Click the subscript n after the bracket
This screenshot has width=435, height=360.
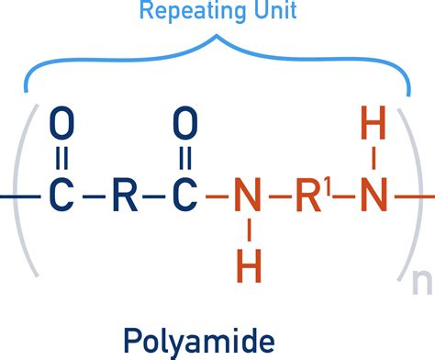tap(421, 281)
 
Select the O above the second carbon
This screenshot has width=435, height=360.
tap(185, 122)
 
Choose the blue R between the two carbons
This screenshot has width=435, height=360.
tap(123, 196)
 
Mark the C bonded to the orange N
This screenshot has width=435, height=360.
tap(185, 196)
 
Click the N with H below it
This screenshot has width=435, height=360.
tap(244, 196)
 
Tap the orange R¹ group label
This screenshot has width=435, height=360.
tap(310, 196)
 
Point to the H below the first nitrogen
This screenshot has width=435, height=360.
tap(244, 267)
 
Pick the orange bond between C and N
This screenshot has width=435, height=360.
tap(215, 197)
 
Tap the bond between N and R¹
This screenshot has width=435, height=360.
tap(273, 197)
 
